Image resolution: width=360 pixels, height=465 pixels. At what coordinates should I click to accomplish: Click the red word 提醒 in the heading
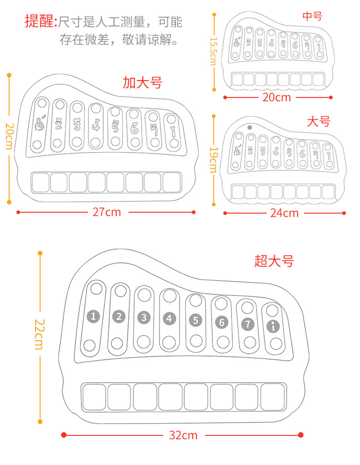(39, 21)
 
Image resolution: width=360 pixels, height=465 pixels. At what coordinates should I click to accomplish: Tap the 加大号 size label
(142, 83)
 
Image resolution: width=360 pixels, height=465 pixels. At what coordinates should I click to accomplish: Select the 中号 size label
(312, 17)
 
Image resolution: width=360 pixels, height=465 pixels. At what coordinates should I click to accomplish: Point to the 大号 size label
(318, 122)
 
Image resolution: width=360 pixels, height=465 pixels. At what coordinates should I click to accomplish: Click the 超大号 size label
(274, 261)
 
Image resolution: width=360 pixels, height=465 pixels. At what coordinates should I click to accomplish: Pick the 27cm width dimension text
(107, 212)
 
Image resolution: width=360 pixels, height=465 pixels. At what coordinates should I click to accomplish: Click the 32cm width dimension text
(183, 435)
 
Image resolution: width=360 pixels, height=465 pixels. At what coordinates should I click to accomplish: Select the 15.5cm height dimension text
(213, 51)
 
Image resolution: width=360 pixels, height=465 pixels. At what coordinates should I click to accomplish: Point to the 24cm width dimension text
(284, 213)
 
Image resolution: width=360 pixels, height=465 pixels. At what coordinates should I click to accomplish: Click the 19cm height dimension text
(213, 159)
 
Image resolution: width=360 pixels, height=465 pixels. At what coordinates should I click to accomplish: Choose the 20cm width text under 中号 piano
(277, 97)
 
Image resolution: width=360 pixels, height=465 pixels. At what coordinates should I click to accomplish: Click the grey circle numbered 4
(169, 318)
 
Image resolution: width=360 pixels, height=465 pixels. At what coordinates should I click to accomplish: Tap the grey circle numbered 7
(247, 324)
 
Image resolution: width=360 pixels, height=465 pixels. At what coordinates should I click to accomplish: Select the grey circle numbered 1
(93, 316)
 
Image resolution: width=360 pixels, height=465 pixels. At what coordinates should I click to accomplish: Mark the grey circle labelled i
(273, 326)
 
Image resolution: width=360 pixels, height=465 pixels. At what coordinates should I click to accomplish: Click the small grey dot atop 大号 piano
(249, 128)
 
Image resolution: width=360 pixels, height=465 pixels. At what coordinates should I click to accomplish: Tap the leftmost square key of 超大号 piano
(94, 396)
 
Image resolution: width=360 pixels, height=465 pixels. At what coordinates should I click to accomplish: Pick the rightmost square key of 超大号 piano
(273, 396)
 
